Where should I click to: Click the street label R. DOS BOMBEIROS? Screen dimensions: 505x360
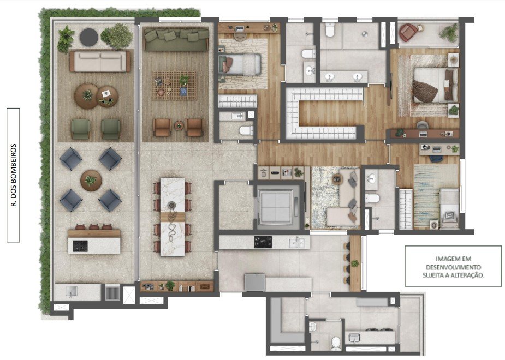(x=14, y=175)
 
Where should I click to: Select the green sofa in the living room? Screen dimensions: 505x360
(x=176, y=40)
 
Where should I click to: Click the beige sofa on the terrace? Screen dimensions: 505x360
(x=100, y=61)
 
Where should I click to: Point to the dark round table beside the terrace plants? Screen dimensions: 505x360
(x=88, y=37)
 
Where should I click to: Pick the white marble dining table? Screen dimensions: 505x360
(x=173, y=217)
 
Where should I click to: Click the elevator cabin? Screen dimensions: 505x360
(x=276, y=206)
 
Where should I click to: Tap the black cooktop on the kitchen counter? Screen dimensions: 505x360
(x=263, y=242)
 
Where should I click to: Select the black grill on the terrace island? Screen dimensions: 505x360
(x=80, y=246)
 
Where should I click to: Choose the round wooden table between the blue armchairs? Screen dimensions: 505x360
(x=91, y=181)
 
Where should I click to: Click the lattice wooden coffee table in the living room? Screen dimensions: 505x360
(x=174, y=86)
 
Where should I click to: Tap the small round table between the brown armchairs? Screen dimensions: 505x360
(x=179, y=125)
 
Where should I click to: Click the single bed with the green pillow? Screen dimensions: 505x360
(x=239, y=65)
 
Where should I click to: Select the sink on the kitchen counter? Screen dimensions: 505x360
(x=297, y=242)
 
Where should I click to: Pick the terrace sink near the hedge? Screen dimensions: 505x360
(x=71, y=292)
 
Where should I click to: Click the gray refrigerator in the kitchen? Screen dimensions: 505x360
(x=254, y=283)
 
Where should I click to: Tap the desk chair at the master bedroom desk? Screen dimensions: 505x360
(x=422, y=125)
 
